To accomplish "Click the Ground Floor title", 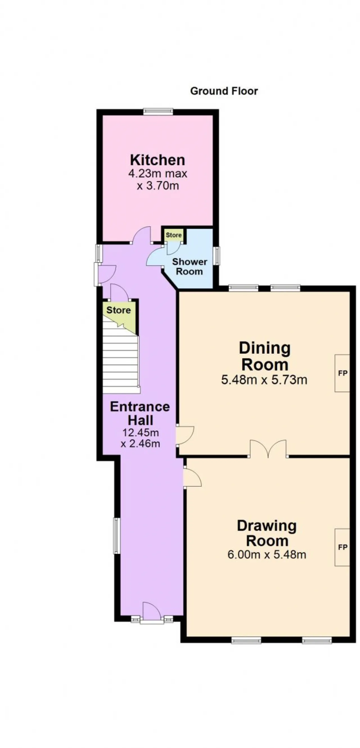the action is point(224,91).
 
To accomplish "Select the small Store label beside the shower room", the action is point(174,235).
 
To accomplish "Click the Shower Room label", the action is point(190,267).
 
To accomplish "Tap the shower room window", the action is point(216,256).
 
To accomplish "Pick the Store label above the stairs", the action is point(118,310).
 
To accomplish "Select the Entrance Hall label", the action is point(140,413).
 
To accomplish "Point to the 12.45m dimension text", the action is point(141,433).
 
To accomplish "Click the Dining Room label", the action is point(265,356).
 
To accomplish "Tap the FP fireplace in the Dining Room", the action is point(342,373).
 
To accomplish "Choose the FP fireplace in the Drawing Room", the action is point(342,547).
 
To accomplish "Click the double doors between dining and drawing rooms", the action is point(268,449).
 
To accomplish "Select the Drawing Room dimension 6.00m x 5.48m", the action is point(267,555).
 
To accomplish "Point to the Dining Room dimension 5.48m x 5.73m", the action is point(264,380).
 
